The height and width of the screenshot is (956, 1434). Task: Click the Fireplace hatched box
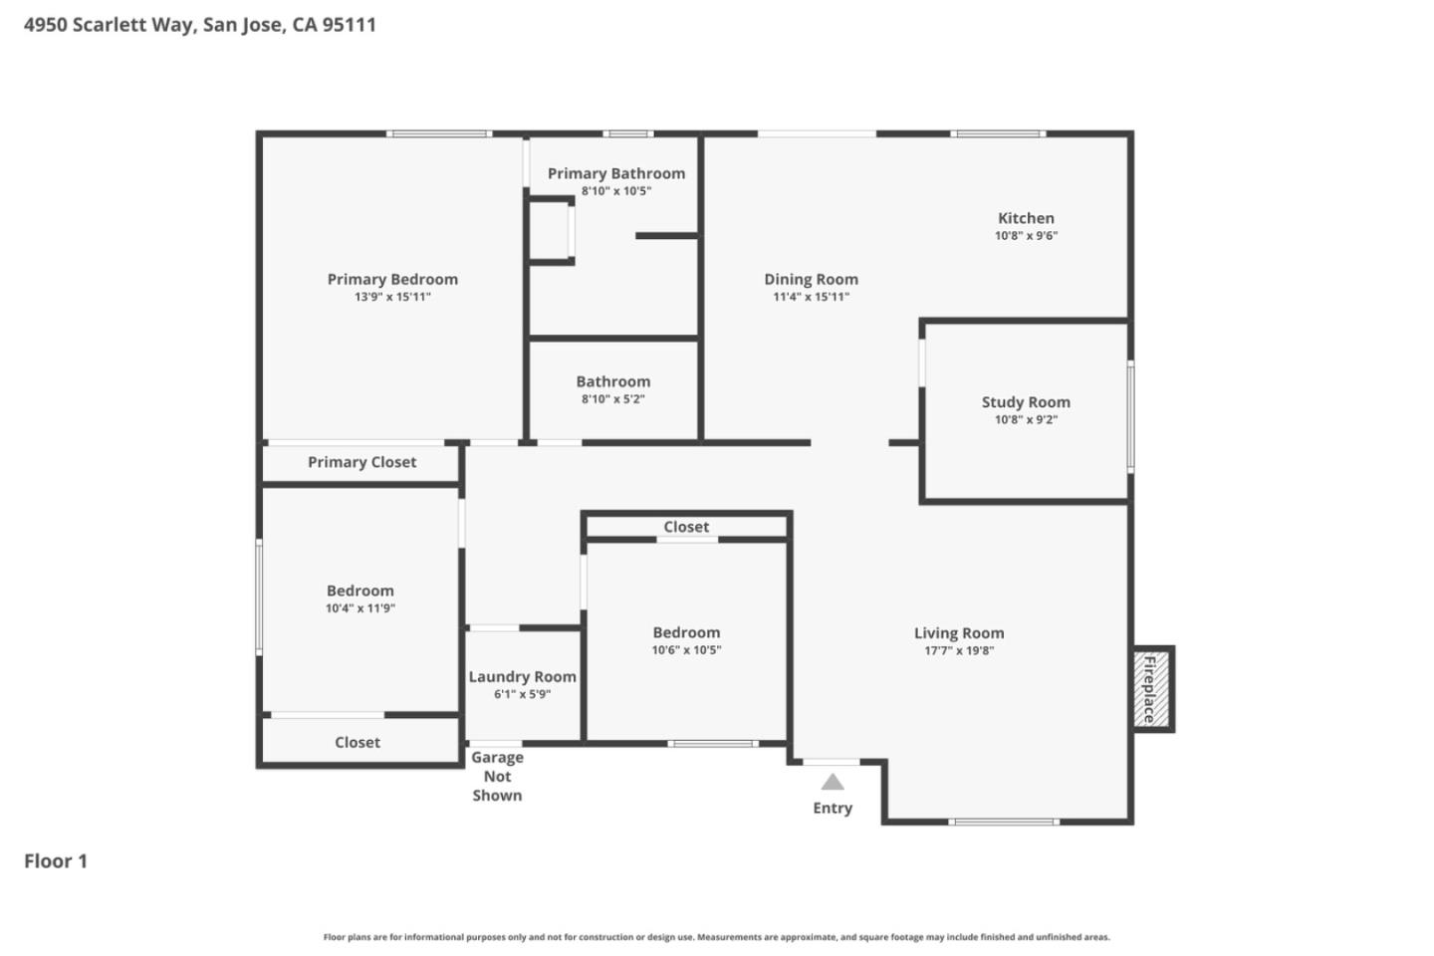point(1150,689)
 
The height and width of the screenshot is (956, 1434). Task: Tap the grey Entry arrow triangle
point(833,783)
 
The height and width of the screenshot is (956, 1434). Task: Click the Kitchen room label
point(1026,218)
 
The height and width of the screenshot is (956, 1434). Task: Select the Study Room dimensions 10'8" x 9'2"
point(1026,420)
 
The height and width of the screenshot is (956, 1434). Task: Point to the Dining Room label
point(811,280)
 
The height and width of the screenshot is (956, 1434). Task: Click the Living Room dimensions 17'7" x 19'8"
point(959,651)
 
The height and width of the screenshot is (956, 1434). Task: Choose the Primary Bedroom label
point(392,280)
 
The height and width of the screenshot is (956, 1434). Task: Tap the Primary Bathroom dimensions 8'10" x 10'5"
point(615,191)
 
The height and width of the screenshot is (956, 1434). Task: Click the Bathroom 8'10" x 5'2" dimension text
point(613,399)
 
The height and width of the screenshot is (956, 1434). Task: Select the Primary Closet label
point(361,462)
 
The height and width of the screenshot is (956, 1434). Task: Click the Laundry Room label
point(522,677)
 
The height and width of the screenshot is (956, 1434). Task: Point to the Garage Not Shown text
point(497,776)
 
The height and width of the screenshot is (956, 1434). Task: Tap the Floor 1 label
point(56,861)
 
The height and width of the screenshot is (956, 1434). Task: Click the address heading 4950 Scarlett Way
point(200,25)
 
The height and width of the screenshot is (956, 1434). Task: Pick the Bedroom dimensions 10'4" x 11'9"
point(360,608)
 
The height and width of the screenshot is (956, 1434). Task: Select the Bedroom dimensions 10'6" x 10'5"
point(686,650)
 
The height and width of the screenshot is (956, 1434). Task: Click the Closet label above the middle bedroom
point(686,527)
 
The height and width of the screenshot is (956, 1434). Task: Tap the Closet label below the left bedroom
point(358,743)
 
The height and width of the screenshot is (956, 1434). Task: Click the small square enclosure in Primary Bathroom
point(549,231)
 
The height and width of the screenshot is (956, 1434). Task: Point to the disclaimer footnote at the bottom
point(716,937)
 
